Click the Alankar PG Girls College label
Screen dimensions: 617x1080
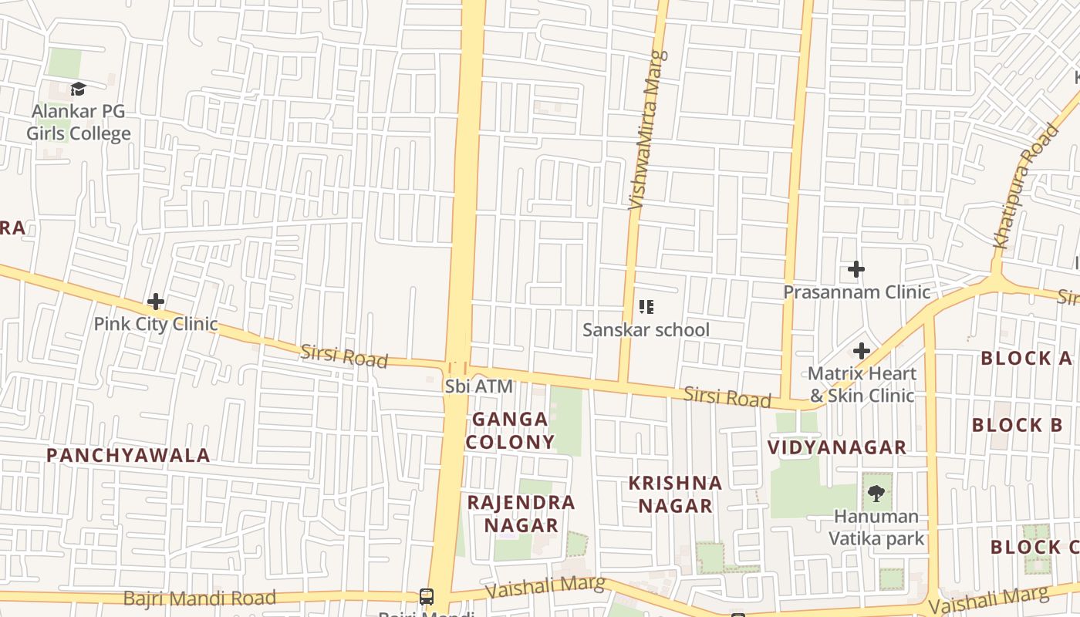78,123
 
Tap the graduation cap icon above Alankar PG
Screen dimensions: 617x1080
78,89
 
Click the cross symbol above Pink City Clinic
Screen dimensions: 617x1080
156,301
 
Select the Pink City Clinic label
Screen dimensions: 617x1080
156,324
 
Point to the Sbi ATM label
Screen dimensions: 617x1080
478,386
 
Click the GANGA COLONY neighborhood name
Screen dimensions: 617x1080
510,430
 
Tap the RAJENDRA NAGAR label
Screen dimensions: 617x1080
521,514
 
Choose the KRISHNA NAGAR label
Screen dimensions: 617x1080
675,494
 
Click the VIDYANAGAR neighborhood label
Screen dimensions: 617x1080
837,447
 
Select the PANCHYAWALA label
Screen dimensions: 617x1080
128,455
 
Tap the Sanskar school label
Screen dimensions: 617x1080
646,330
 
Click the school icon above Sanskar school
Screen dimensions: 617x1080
646,307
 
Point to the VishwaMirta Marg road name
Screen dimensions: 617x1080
646,131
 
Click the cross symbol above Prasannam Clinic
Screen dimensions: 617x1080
856,269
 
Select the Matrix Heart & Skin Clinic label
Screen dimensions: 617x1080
862,384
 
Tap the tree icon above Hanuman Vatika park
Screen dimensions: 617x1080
876,493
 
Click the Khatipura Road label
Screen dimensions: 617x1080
1026,187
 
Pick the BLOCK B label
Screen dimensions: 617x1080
1017,425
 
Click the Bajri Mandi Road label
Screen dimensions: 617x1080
200,598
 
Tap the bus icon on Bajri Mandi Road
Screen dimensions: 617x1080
426,596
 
